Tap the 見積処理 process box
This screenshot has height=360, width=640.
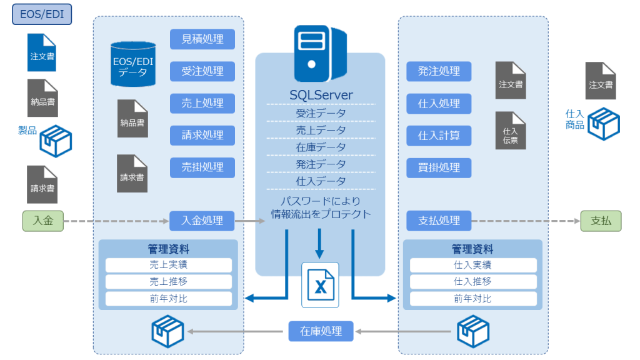pyautogui.click(x=202, y=39)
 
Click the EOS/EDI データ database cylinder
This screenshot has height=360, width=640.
pyautogui.click(x=133, y=64)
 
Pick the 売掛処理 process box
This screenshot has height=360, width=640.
pyautogui.click(x=202, y=167)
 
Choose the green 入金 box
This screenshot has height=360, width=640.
pyautogui.click(x=42, y=221)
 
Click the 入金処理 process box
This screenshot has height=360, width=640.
pyautogui.click(x=202, y=221)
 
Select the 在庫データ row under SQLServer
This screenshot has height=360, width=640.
pyautogui.click(x=321, y=147)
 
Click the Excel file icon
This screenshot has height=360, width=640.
pyautogui.click(x=320, y=285)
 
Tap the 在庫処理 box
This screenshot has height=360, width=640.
pyautogui.click(x=321, y=331)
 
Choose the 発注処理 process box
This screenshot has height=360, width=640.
pyautogui.click(x=439, y=71)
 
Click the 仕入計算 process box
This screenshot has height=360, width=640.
pyautogui.click(x=439, y=135)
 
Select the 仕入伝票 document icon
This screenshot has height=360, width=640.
pyautogui.click(x=511, y=130)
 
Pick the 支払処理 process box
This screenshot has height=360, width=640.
pyautogui.click(x=439, y=221)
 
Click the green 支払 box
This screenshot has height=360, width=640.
pyautogui.click(x=601, y=221)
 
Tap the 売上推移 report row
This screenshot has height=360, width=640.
pyautogui.click(x=168, y=282)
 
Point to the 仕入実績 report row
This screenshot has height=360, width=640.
pyautogui.click(x=472, y=265)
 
